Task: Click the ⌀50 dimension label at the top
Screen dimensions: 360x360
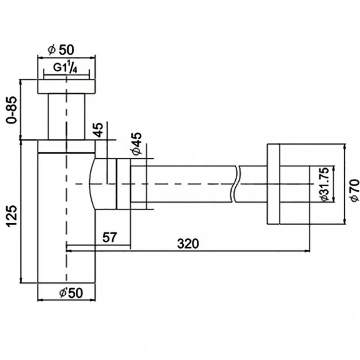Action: coord(61,50)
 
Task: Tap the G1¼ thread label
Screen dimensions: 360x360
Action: coord(65,67)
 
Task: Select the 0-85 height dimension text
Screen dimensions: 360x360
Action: coord(12,110)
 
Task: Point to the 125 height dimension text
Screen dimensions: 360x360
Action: coord(12,216)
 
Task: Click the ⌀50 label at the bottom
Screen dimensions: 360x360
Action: coord(71,293)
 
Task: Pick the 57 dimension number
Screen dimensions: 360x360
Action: coord(109,237)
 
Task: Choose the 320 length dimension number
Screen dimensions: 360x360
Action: coord(188,244)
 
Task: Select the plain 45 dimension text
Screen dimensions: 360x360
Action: coord(99,130)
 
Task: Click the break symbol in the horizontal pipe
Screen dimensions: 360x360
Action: coord(235,184)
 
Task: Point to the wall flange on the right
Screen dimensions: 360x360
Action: coord(273,184)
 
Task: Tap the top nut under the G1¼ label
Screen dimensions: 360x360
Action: coord(66,86)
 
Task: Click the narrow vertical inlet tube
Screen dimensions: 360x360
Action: coord(66,117)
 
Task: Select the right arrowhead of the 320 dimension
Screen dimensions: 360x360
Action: coord(308,251)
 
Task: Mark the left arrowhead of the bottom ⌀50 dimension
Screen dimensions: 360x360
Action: coord(40,300)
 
